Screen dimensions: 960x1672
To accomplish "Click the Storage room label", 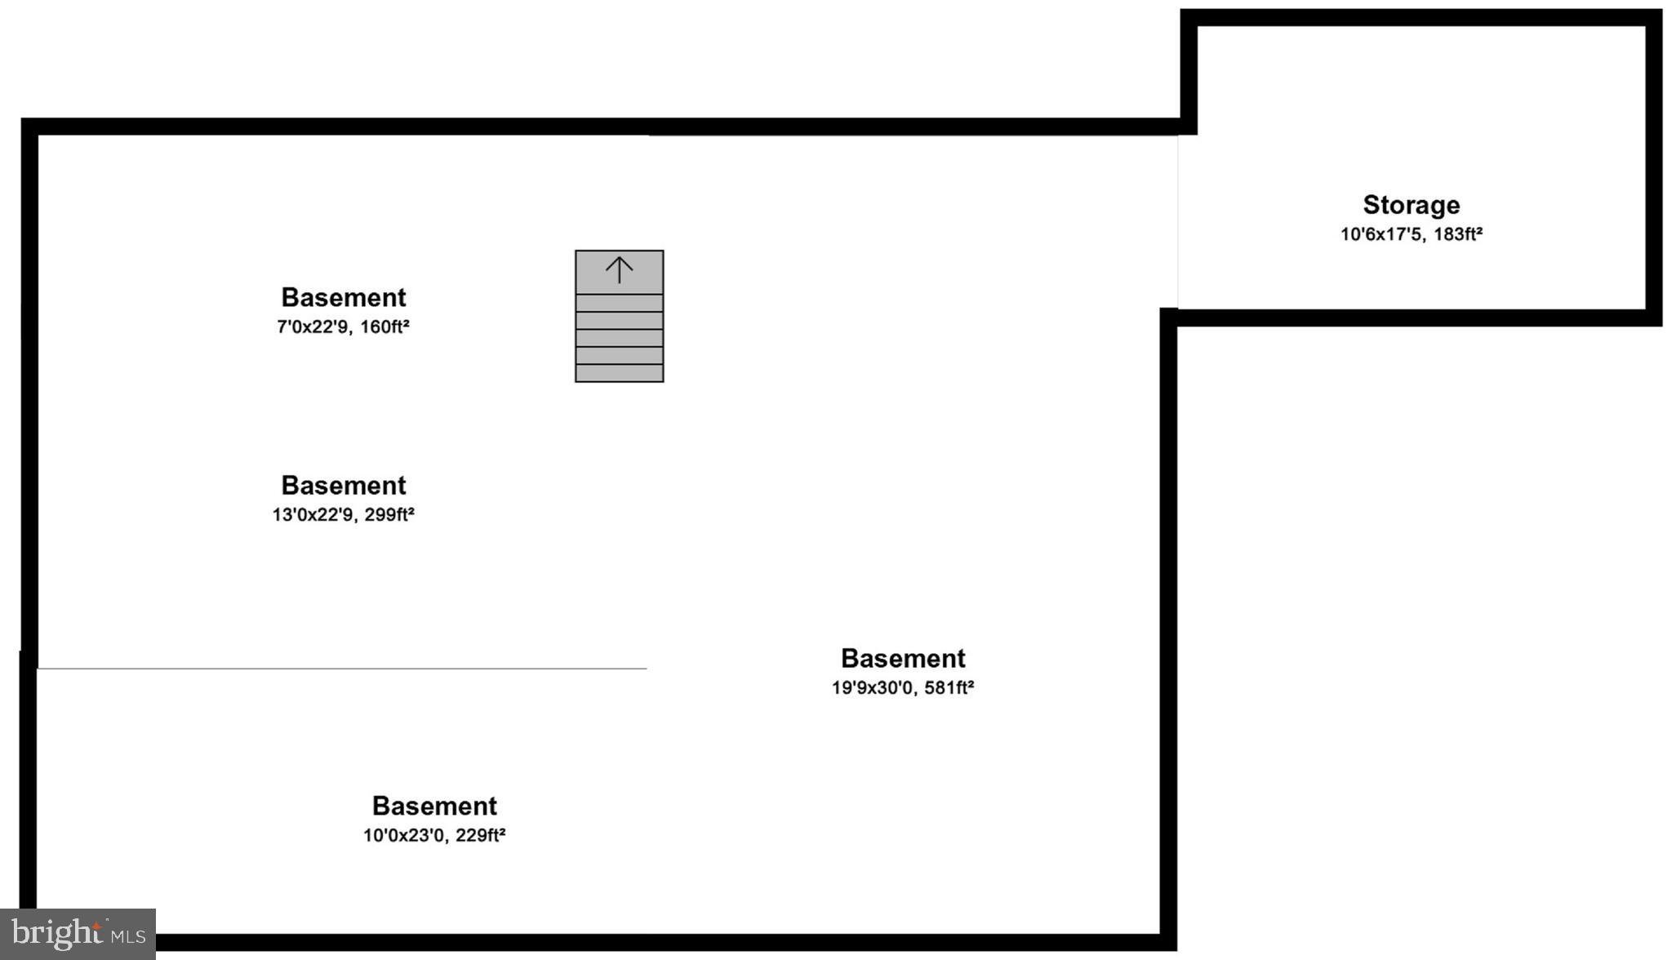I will click(1411, 205).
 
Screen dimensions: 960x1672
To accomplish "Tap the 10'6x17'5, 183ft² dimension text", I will click(1411, 234).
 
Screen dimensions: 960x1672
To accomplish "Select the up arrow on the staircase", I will click(619, 269).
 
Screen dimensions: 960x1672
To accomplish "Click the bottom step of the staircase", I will click(619, 373).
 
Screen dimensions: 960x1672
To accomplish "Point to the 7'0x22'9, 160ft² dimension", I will click(343, 327).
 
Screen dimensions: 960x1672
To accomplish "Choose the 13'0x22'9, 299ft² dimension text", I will click(343, 515).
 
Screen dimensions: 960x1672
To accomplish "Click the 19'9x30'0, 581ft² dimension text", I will click(902, 688).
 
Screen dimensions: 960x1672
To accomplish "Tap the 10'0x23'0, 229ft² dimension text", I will click(434, 835).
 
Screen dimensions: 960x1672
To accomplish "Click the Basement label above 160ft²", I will click(343, 297).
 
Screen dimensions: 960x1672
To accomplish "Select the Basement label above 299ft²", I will click(343, 486).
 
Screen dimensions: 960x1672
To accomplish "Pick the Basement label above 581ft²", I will click(902, 659).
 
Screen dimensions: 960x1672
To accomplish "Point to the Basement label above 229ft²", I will click(434, 806).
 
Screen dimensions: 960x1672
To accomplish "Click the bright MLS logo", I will click(78, 933).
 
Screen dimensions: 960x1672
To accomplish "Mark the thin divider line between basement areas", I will click(343, 669).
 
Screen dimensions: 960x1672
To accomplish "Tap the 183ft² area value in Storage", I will click(1457, 234).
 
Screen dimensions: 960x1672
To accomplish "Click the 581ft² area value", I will click(949, 688).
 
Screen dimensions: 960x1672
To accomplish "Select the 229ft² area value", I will click(480, 835).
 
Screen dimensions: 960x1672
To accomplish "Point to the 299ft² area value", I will click(389, 515).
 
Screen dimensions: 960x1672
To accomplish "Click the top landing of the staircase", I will click(619, 273).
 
